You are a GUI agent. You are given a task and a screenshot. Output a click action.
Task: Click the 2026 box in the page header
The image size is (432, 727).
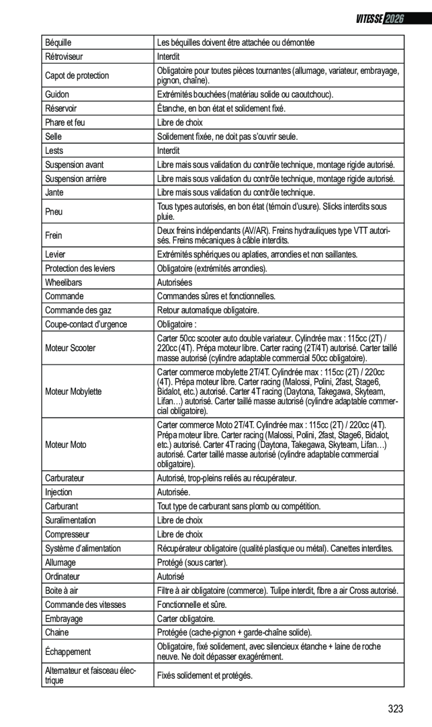(x=393, y=18)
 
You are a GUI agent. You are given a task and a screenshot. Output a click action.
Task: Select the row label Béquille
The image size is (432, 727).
(x=58, y=43)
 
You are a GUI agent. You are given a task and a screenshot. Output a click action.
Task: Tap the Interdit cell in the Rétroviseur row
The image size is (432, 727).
(x=168, y=56)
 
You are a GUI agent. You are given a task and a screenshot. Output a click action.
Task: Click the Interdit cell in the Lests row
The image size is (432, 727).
(x=168, y=150)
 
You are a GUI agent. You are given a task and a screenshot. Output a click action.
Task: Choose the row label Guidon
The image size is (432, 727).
(x=57, y=95)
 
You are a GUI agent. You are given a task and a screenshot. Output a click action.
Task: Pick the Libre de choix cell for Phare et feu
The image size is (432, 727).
(x=180, y=122)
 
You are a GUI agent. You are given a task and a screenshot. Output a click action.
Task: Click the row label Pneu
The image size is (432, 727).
(x=54, y=211)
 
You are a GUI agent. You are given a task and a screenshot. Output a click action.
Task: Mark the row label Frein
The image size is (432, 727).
(x=54, y=235)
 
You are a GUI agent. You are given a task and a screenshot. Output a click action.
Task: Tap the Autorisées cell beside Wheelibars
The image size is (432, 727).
(x=174, y=282)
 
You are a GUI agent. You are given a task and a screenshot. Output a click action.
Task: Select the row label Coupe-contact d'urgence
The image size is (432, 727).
(x=86, y=324)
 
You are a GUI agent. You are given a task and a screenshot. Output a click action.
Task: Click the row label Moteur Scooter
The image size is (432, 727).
(x=70, y=348)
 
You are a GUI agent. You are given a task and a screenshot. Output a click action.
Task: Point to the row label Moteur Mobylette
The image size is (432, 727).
(x=73, y=391)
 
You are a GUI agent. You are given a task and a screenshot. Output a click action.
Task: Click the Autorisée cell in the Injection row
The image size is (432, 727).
(x=173, y=492)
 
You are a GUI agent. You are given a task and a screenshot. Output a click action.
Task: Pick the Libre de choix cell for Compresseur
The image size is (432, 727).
(x=180, y=534)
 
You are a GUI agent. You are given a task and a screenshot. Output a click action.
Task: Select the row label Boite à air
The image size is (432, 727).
(x=61, y=591)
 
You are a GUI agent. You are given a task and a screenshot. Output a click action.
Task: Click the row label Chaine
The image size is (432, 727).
(x=56, y=632)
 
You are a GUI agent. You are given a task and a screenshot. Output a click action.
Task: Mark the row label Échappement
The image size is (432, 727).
(x=68, y=652)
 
